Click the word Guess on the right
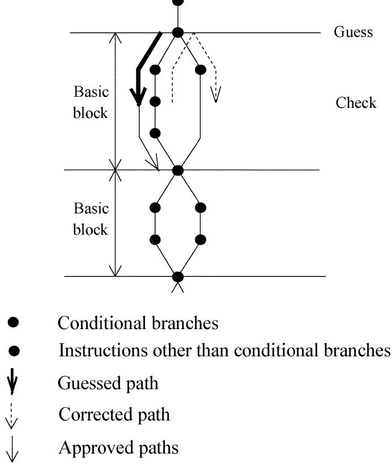point(353,32)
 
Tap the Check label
point(356,103)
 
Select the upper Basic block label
point(91,102)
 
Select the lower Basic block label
point(91,219)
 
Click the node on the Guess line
point(178,33)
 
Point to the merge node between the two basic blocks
point(178,170)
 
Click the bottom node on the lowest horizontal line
point(178,277)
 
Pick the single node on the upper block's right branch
point(200,70)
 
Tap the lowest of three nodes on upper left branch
point(155,133)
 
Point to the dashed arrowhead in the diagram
point(215,95)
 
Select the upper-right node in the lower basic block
point(200,208)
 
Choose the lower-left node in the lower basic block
point(155,239)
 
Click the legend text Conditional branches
point(138,323)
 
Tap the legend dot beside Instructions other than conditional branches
point(15,352)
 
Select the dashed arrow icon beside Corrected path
point(15,416)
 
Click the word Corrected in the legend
point(91,414)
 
